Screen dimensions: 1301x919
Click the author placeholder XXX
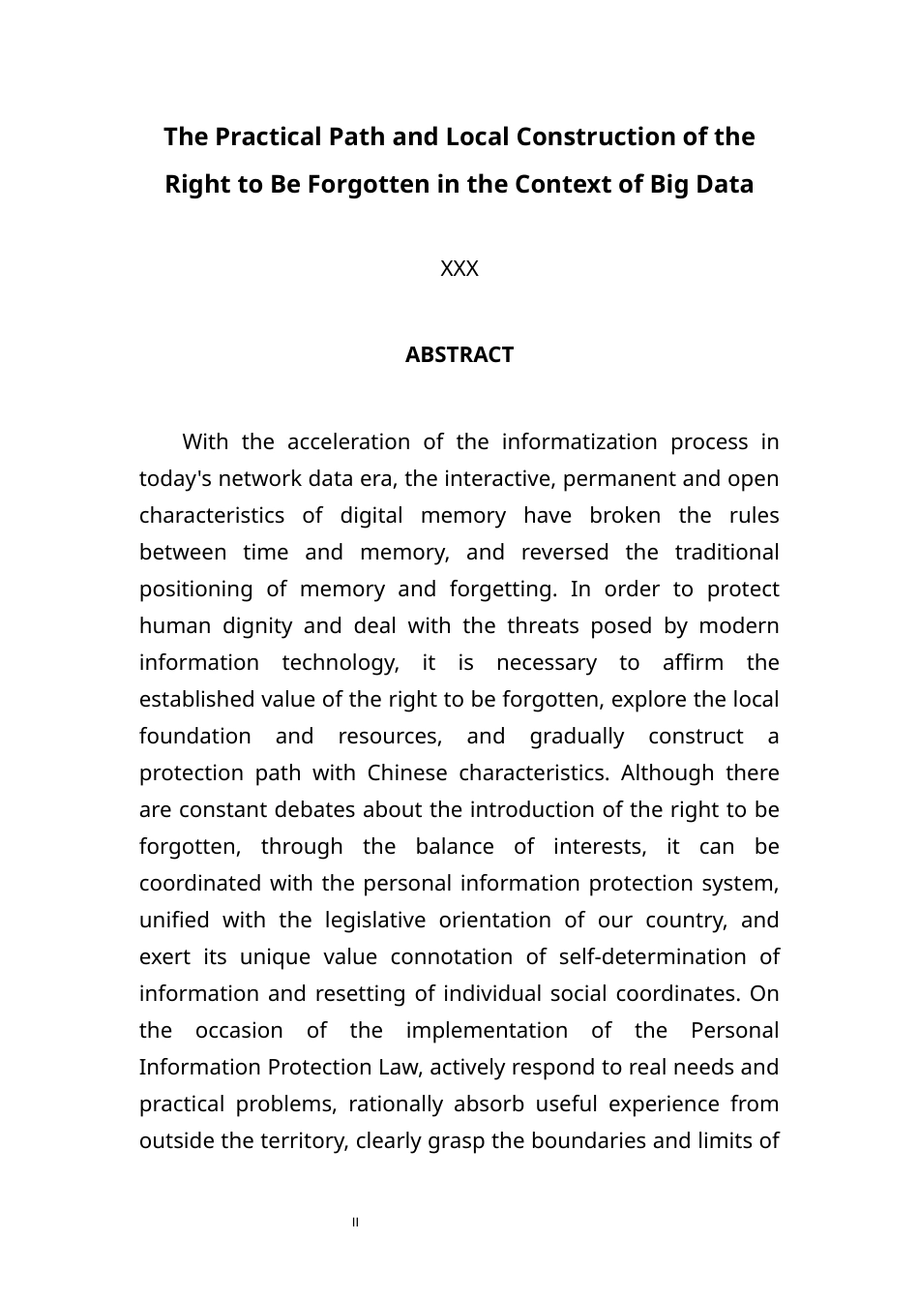[459, 269]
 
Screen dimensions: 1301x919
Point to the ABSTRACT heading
[459, 355]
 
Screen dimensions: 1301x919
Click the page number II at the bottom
[356, 1223]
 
